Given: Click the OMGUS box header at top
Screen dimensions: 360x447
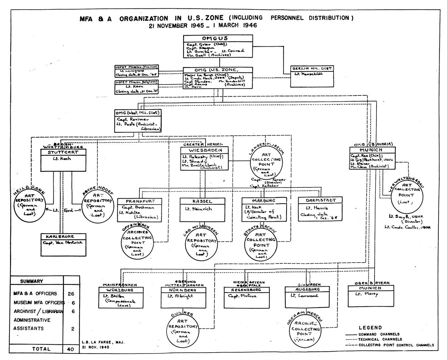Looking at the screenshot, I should [218, 39].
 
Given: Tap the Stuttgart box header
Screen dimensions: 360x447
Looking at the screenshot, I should [63, 152].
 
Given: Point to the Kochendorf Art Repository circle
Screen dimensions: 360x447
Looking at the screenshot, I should [98, 206].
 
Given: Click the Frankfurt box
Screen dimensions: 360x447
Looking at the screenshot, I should [139, 209].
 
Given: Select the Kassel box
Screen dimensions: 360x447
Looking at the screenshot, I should [202, 209].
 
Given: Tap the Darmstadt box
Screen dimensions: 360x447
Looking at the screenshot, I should [320, 209].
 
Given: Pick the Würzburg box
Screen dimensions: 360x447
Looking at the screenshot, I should [120, 297].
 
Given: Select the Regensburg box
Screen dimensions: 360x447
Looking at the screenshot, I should [247, 297].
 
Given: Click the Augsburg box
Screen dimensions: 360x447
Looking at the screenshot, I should [307, 297].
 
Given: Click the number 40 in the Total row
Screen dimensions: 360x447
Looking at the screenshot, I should [71, 349].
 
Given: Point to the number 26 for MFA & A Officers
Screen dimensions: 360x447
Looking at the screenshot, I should [71, 294].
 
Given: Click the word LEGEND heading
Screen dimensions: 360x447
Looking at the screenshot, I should [370, 328].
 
